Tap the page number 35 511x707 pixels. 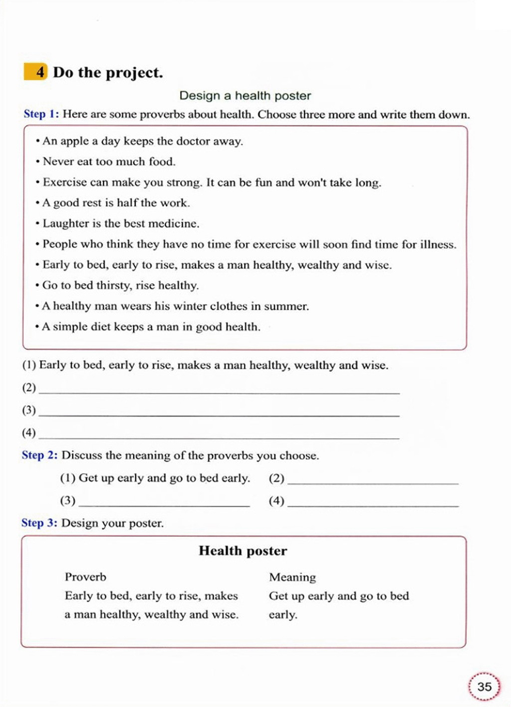[484, 687]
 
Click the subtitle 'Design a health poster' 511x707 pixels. [245, 95]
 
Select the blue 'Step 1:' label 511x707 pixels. [41, 114]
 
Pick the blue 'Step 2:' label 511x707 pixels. [39, 455]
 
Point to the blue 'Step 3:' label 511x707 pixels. [39, 523]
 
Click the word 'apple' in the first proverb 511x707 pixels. [74, 141]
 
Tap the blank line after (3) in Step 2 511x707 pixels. [164, 502]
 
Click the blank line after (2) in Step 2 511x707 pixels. [373, 479]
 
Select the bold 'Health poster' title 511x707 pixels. [243, 551]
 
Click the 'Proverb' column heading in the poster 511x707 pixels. [85, 577]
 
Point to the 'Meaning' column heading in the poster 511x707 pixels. [292, 577]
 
